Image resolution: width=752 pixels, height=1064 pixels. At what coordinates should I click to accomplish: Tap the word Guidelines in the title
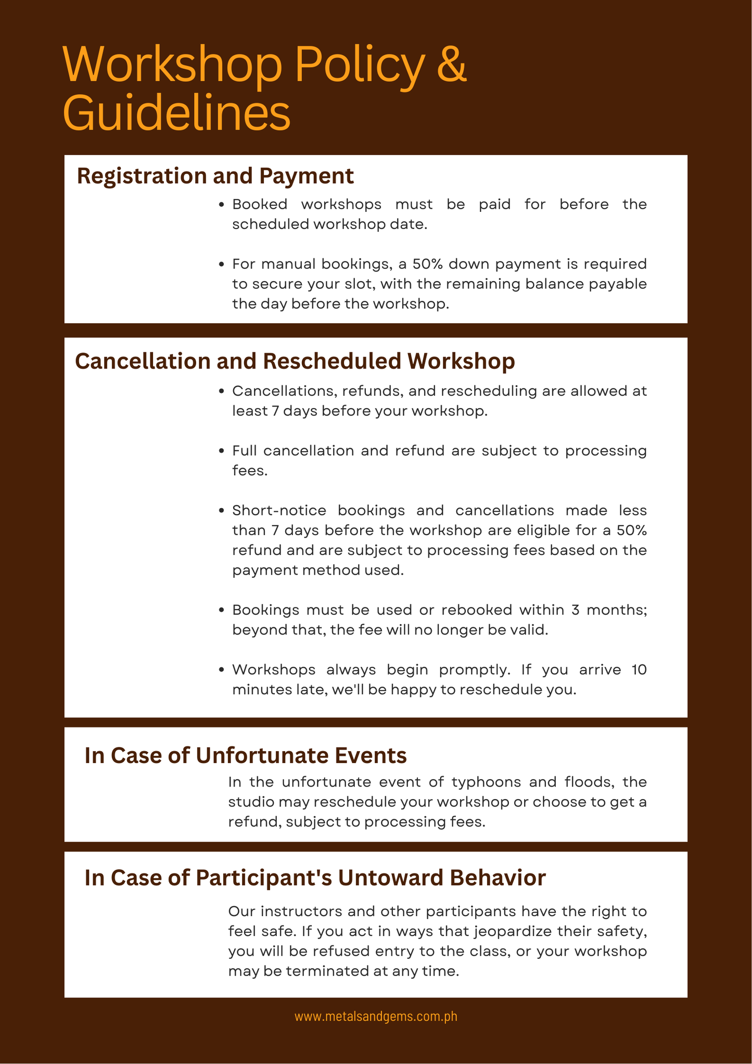(176, 113)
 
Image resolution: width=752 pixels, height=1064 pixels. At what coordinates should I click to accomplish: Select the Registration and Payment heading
(215, 176)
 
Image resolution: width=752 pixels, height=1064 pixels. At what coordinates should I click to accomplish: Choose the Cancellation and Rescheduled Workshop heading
(295, 361)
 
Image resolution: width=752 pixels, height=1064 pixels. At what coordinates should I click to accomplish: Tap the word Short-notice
(279, 510)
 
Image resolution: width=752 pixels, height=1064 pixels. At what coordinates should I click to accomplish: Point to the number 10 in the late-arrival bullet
(639, 669)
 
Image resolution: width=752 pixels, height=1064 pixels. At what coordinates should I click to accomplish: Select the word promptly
(474, 669)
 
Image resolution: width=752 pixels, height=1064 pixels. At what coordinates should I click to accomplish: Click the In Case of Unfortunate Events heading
(245, 755)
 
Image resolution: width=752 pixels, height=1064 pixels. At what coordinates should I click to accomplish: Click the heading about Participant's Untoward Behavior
(315, 878)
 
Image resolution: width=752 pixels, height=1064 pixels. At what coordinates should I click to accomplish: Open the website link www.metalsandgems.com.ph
(376, 1016)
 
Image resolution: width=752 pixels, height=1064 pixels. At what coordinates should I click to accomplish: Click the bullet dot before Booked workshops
(222, 205)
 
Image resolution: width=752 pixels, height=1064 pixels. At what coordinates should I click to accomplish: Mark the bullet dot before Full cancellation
(222, 451)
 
